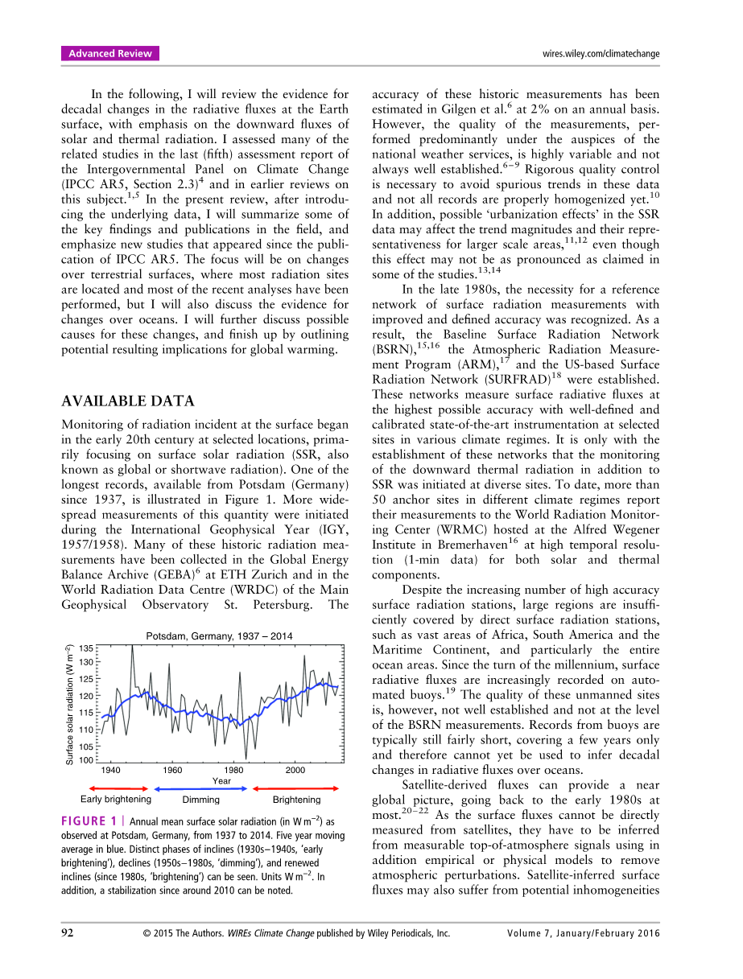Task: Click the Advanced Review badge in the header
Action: [110, 54]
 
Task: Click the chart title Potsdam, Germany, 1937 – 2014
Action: [219, 636]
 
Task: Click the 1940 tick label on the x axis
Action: [111, 770]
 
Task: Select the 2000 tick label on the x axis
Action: [295, 770]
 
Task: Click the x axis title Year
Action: [221, 781]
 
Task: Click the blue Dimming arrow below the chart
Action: [201, 789]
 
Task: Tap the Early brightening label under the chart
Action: [116, 800]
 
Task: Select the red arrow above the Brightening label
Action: [297, 789]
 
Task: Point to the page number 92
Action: [68, 933]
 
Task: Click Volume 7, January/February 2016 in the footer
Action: [584, 933]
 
